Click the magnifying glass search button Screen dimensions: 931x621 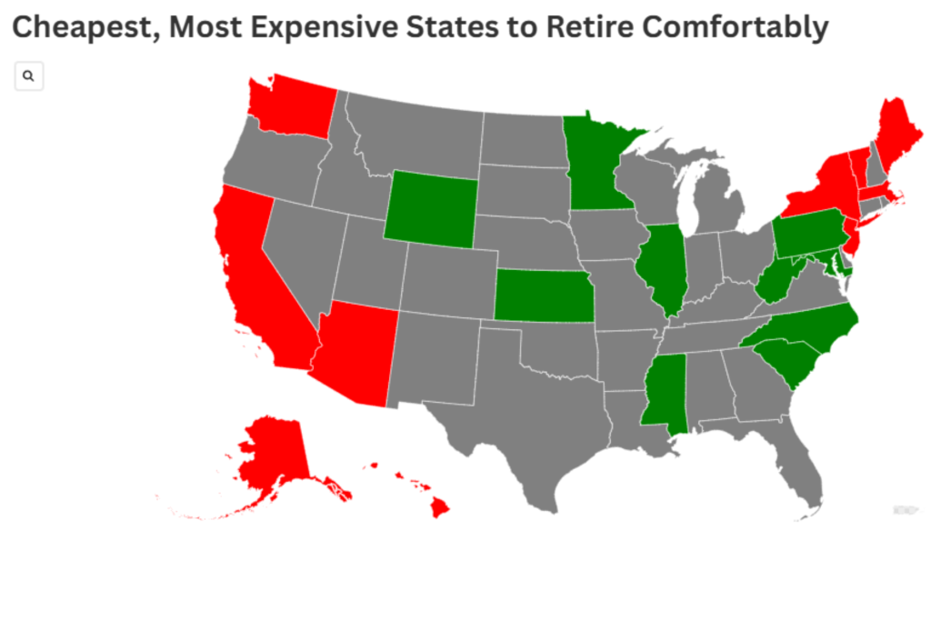pyautogui.click(x=29, y=77)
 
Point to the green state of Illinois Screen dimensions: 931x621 pyautogui.click(x=661, y=268)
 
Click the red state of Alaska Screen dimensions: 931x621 pyautogui.click(x=273, y=455)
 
